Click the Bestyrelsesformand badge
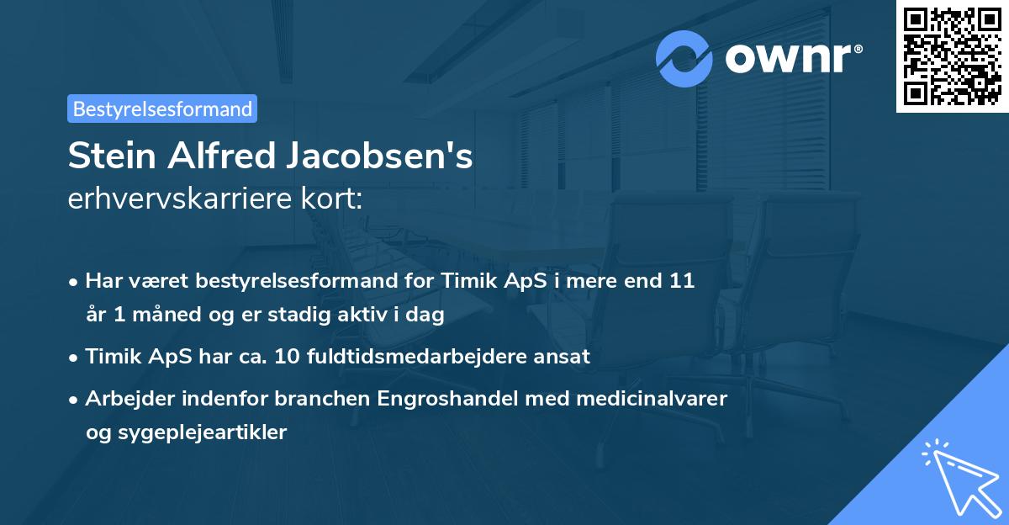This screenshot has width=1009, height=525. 162,109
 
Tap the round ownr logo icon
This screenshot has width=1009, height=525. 684,58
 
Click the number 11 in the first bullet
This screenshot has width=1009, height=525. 682,281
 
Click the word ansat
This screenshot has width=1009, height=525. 565,356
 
